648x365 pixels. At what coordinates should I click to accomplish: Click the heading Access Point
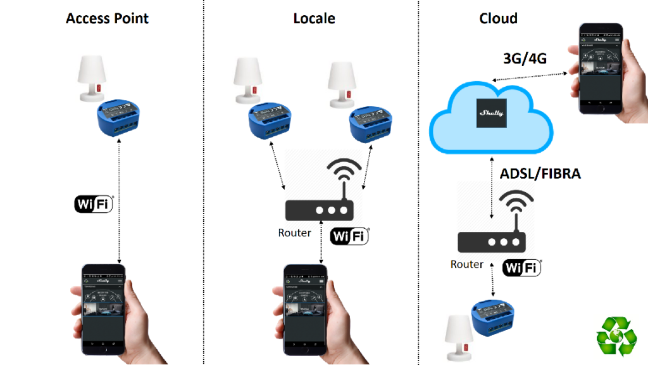click(107, 18)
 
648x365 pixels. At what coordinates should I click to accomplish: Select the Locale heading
click(314, 18)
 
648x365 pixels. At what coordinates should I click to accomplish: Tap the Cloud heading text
click(498, 18)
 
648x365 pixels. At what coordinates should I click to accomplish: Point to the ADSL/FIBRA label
click(540, 174)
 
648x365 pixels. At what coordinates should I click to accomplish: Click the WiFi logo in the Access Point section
click(94, 203)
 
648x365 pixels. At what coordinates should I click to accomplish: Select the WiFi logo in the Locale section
click(349, 236)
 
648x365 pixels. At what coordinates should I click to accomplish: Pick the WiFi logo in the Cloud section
click(522, 267)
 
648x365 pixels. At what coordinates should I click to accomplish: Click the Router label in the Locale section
click(294, 233)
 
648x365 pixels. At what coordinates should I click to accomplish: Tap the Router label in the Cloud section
click(467, 264)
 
